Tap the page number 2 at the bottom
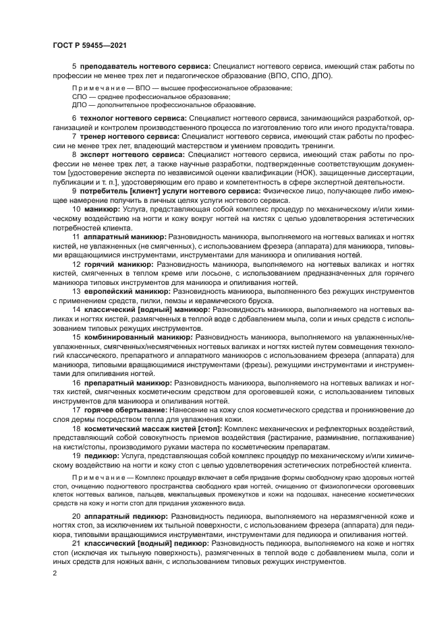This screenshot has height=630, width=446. (x=55, y=573)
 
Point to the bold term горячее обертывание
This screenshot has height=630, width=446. (x=125, y=409)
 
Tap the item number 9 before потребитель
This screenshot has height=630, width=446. (x=74, y=191)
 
